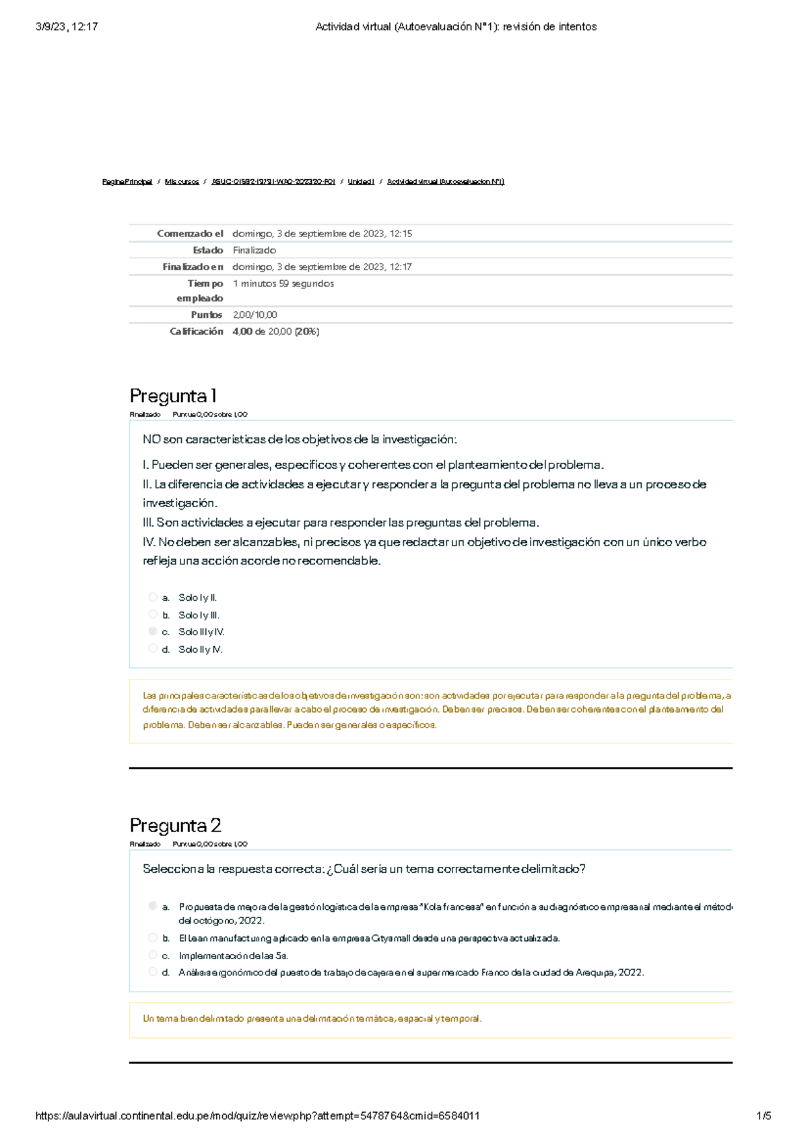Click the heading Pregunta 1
coord(173,396)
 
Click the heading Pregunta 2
coord(175,826)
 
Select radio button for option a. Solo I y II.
coord(153,597)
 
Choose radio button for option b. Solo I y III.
coord(153,614)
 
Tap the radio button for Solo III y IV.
coord(153,631)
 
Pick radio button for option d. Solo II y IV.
coord(153,649)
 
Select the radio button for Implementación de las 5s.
coord(153,955)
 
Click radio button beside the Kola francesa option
coord(153,906)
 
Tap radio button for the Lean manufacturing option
coord(153,938)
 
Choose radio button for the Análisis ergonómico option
coord(153,972)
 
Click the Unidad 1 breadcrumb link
coord(361,182)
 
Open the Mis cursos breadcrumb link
coord(182,182)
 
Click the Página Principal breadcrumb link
coord(127,182)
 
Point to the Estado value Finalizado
coord(255,251)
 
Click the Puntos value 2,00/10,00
coord(255,315)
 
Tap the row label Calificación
coord(196,331)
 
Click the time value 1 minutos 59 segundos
coord(283,284)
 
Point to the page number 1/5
coord(764,1115)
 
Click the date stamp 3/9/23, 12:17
coord(67,27)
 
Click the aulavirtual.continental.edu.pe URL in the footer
coord(257,1115)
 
